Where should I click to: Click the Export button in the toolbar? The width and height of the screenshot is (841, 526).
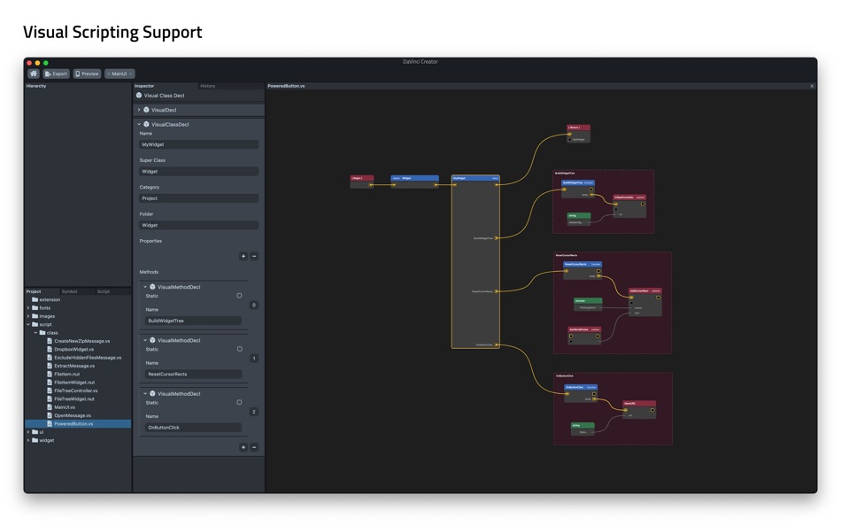pos(56,73)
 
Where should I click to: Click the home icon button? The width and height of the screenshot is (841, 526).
pos(34,73)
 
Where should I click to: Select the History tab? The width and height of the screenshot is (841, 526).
pos(208,86)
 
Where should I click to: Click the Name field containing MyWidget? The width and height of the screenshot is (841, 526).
pos(198,144)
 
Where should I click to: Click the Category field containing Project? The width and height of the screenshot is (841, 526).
pos(198,198)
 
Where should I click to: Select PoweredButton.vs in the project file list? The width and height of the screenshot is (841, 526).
pos(73,423)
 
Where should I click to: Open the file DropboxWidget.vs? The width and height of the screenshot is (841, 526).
pos(73,349)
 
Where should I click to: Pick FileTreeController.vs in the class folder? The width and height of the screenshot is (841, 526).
pos(75,391)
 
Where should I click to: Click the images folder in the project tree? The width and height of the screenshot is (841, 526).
pos(47,316)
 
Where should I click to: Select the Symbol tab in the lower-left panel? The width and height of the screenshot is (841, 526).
pos(69,291)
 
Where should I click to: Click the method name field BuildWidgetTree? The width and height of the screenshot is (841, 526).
pos(193,321)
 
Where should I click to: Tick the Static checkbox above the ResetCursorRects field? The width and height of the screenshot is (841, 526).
pos(239,349)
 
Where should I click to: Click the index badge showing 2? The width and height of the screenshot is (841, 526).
pos(254,412)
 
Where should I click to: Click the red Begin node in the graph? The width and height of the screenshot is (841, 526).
pos(361,179)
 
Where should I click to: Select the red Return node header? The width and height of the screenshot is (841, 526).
pos(578,128)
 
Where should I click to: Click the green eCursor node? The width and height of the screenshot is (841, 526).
pos(588,301)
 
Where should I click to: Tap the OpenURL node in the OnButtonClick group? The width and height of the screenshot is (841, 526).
pos(639,404)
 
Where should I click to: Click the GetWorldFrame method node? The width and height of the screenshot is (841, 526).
pos(584,330)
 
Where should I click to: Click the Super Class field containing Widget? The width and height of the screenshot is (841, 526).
pos(198,172)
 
